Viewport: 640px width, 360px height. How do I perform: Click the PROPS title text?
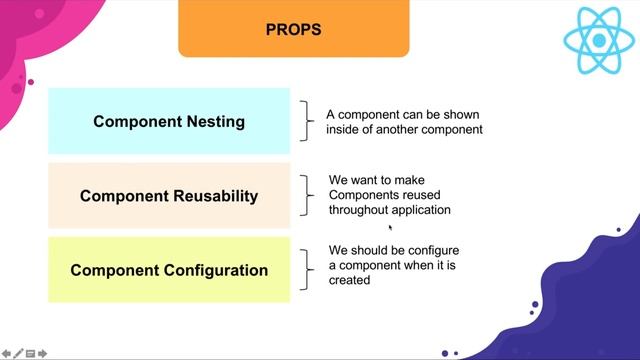tap(293, 29)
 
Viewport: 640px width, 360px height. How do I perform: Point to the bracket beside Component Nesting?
tap(308, 121)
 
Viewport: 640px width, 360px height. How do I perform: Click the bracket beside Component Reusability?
tap(308, 196)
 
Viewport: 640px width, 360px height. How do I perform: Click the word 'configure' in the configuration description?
tap(433, 250)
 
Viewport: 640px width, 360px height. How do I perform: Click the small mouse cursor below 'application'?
tap(390, 227)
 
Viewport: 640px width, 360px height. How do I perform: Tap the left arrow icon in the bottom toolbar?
tap(6, 353)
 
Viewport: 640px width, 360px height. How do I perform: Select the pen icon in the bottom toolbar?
tap(18, 353)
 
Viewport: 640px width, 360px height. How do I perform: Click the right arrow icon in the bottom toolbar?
tap(56, 353)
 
